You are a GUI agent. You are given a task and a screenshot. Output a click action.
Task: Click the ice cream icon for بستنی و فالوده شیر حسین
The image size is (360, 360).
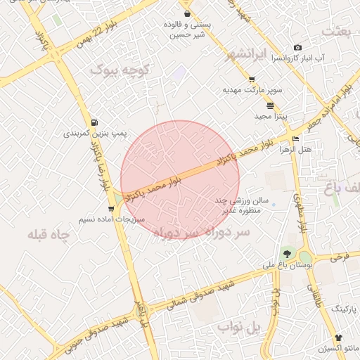[186, 13]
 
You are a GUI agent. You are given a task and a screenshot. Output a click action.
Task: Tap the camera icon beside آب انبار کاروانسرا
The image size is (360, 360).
[298, 48]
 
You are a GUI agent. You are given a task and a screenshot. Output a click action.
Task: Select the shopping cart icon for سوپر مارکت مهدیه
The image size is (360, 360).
[252, 79]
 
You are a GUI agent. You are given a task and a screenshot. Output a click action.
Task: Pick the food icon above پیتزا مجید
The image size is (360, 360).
[271, 105]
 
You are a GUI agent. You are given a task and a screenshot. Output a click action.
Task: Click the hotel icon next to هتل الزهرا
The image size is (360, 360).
[295, 139]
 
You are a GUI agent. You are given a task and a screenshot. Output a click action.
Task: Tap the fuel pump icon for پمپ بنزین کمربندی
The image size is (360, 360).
[94, 122]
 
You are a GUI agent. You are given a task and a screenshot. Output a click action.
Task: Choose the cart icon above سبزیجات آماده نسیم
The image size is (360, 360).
[111, 209]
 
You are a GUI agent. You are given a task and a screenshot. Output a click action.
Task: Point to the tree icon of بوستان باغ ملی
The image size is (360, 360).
[287, 253]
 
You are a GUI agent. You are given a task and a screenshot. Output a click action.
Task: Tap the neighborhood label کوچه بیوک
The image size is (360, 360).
[121, 70]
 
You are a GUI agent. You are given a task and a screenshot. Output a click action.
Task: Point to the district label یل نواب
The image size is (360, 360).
[238, 328]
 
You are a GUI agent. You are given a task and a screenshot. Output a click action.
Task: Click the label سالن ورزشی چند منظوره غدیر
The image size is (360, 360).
[239, 205]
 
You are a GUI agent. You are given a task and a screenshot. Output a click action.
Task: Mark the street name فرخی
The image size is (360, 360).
[340, 257]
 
